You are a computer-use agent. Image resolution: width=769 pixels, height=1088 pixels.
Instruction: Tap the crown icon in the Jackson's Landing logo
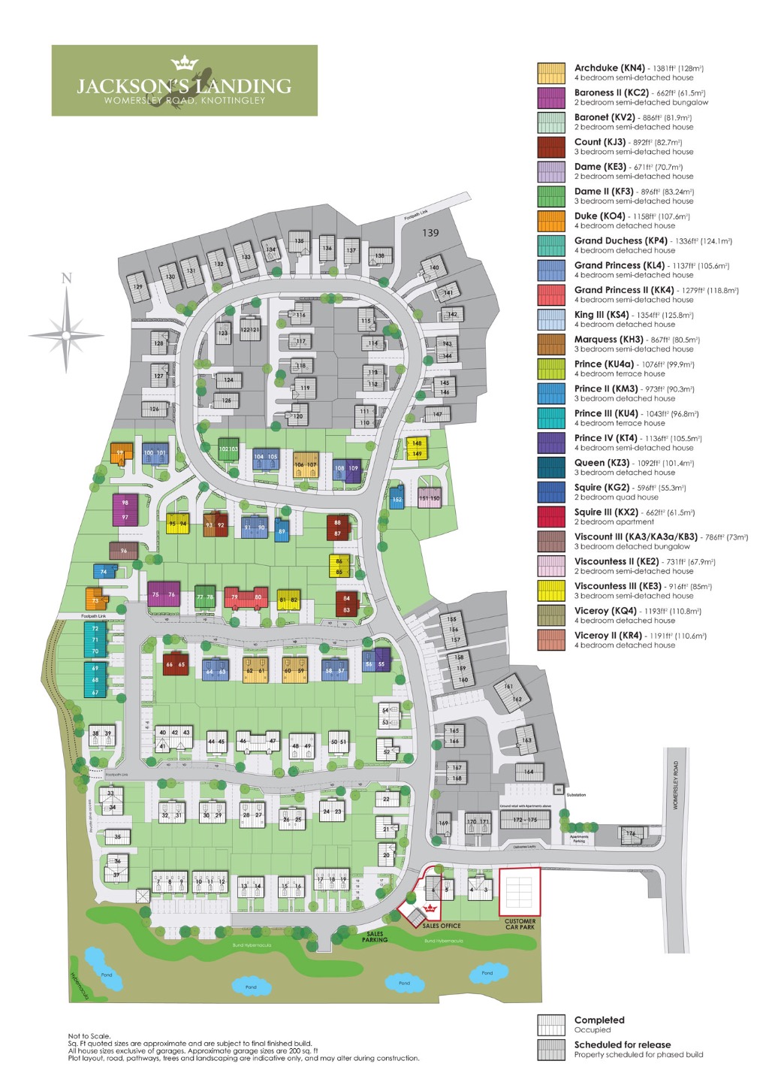(184, 62)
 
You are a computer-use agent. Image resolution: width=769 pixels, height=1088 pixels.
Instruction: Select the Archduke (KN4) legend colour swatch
(550, 73)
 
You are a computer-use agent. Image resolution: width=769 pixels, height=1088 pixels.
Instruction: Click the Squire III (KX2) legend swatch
(550, 517)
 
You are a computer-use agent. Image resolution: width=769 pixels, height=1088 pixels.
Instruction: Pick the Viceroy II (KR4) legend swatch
(550, 640)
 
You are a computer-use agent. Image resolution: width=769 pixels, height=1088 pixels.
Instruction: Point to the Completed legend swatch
(550, 1025)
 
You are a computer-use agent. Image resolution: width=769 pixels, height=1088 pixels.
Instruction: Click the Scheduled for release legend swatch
(550, 1050)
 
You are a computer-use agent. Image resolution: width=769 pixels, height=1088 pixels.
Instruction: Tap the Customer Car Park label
(520, 924)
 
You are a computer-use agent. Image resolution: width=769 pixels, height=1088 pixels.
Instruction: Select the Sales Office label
(441, 926)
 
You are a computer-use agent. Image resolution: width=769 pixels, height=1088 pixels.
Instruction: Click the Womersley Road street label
(676, 785)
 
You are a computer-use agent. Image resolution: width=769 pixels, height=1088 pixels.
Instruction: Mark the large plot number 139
(430, 233)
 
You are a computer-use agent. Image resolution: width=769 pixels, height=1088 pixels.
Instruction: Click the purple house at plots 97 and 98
(125, 509)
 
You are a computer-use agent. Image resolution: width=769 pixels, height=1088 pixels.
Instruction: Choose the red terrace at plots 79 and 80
(246, 597)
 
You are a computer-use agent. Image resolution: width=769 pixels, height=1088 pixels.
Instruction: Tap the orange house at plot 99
(121, 453)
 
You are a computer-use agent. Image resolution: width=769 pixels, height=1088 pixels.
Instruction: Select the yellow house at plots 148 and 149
(416, 449)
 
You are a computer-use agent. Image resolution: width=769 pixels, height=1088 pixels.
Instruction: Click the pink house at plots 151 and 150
(429, 497)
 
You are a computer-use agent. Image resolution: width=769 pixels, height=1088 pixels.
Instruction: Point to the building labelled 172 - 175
(525, 820)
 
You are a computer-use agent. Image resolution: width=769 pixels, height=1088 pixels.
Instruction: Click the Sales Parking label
(375, 937)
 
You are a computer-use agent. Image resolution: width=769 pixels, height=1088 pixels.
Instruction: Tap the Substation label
(576, 795)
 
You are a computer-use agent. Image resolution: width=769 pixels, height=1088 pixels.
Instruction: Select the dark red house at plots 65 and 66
(175, 664)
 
